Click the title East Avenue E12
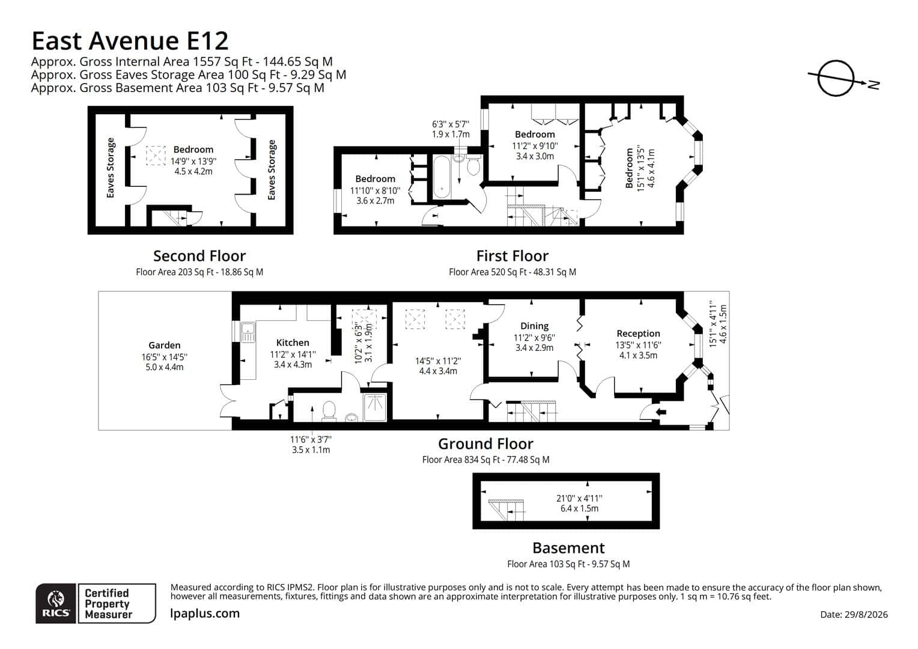130,41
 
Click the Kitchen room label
293,343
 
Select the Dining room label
535,326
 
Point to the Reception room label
638,334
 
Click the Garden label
165,345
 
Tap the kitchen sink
248,332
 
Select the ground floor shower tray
374,407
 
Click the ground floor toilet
329,411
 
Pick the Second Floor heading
199,256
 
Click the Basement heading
568,548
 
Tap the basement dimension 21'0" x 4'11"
579,499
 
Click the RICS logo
56,603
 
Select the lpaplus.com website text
204,614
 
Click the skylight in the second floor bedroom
156,156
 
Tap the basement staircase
506,510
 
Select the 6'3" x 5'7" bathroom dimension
451,124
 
